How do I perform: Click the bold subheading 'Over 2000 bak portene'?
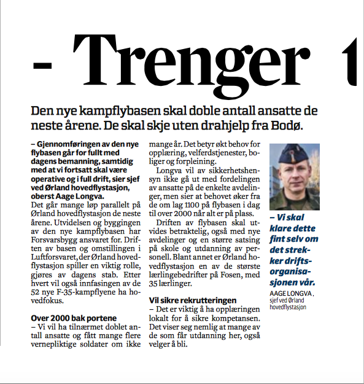click(x=71, y=318)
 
